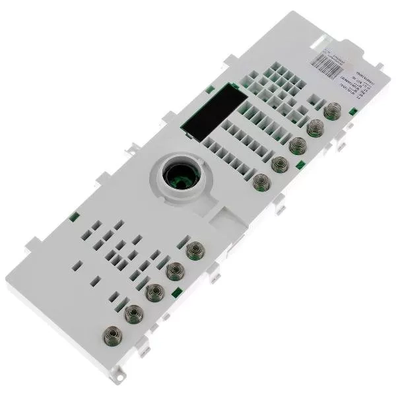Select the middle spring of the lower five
[x=155, y=291]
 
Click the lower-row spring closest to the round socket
[x=195, y=250]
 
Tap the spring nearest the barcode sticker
[x=331, y=111]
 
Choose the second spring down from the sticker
[x=314, y=127]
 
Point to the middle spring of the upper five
[x=297, y=144]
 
